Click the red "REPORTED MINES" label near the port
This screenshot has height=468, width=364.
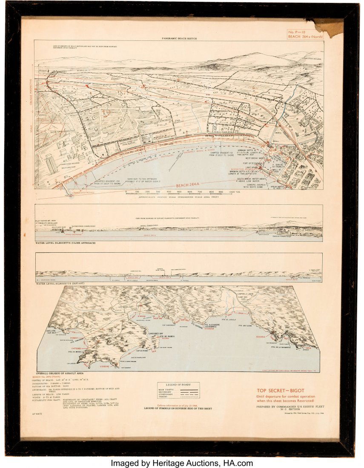point(241,168)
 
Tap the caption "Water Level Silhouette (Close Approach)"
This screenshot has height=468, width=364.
point(66,243)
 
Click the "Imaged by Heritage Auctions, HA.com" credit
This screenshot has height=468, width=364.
point(182,463)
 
